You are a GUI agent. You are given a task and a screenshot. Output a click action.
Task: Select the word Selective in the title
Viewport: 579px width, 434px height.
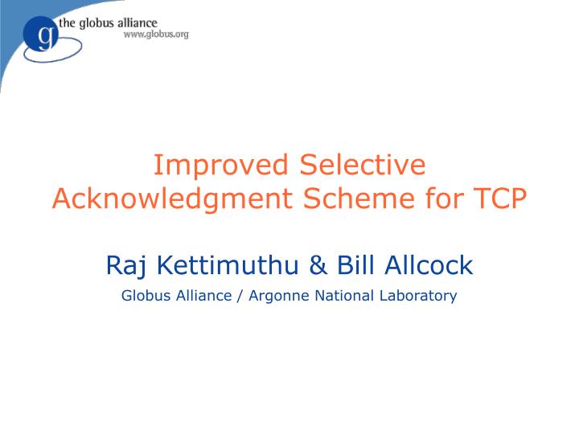pyautogui.click(x=362, y=165)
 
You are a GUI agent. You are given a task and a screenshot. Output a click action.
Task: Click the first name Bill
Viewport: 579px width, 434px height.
pyautogui.click(x=355, y=265)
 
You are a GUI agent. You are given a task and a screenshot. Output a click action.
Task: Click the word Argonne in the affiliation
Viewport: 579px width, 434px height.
pyautogui.click(x=279, y=296)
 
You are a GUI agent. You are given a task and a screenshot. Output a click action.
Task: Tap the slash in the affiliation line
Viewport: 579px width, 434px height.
pyautogui.click(x=240, y=296)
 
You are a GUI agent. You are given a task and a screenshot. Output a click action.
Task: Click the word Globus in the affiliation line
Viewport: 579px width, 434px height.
pyautogui.click(x=146, y=296)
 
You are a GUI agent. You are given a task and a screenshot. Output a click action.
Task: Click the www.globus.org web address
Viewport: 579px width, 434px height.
pyautogui.click(x=155, y=35)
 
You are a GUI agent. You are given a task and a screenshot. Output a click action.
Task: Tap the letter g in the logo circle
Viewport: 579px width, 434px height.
pyautogui.click(x=45, y=36)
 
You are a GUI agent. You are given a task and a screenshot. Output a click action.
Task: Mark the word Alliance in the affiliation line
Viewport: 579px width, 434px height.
pyautogui.click(x=204, y=296)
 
